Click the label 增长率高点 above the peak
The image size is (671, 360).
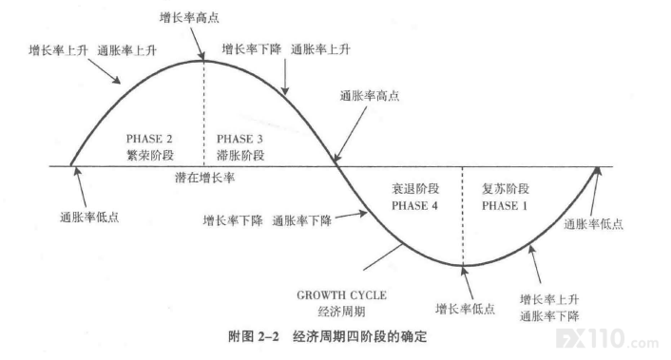tap(189, 17)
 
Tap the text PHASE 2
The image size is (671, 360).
tap(149, 139)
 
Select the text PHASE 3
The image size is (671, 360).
tap(240, 139)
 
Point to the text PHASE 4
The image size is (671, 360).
tap(414, 206)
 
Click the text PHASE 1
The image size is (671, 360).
tap(505, 206)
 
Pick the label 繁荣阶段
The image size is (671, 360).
tap(150, 155)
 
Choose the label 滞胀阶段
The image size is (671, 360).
tap(240, 155)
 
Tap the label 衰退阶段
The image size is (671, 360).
tap(415, 189)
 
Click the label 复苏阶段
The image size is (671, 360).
tap(506, 189)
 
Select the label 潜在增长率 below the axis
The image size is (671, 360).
tap(204, 178)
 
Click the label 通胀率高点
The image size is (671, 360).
tap(370, 95)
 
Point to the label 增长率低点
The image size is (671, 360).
tap(465, 309)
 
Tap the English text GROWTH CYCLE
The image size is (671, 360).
tap(341, 295)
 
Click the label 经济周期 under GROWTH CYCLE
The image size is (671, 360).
tap(341, 312)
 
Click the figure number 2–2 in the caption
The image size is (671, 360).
tap(269, 336)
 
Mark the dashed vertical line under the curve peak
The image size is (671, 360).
tap(203, 113)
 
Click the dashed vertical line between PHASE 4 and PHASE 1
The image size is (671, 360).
tap(463, 216)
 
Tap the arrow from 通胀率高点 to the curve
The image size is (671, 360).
tap(351, 134)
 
